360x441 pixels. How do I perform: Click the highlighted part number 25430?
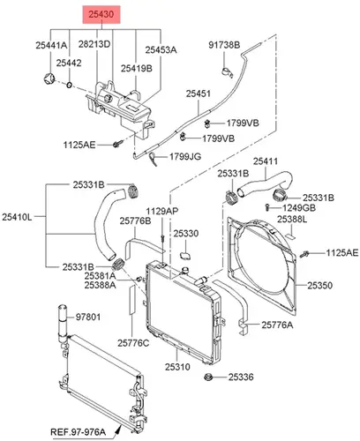101,14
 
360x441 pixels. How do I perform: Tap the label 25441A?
51,45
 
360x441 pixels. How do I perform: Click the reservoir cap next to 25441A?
49,78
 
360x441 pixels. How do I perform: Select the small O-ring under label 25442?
69,86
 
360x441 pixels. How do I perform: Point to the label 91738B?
224,45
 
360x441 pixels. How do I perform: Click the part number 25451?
199,93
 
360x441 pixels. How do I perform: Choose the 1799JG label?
185,156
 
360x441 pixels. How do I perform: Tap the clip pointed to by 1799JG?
154,159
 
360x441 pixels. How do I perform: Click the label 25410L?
17,217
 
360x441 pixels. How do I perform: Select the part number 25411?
266,161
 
